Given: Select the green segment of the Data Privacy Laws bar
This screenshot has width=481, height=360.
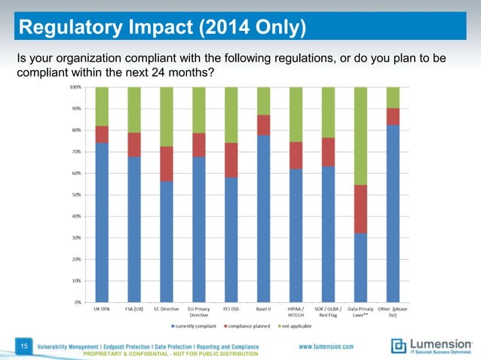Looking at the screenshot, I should tap(360, 136).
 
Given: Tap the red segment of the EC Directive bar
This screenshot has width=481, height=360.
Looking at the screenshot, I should tap(167, 163).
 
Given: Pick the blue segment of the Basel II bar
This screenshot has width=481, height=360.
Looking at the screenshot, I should tap(263, 218).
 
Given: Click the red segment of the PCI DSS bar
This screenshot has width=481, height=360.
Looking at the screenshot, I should tap(231, 160).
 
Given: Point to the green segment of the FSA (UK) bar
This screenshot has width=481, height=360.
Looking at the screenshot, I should tap(134, 109).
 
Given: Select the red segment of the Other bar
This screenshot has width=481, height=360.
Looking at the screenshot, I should tap(393, 116).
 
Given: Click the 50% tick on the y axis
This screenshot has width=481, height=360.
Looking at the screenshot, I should tap(77, 194).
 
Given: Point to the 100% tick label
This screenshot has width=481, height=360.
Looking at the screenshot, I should tap(76, 87).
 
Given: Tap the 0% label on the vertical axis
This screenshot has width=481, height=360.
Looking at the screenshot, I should tap(78, 302).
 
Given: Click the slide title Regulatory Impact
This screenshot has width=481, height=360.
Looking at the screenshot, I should tap(162, 29).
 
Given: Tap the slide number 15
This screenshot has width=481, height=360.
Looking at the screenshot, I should tap(25, 346).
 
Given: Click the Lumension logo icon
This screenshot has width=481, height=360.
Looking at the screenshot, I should tap(398, 346).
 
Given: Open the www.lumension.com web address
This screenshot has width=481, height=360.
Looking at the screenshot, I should tap(326, 346).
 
